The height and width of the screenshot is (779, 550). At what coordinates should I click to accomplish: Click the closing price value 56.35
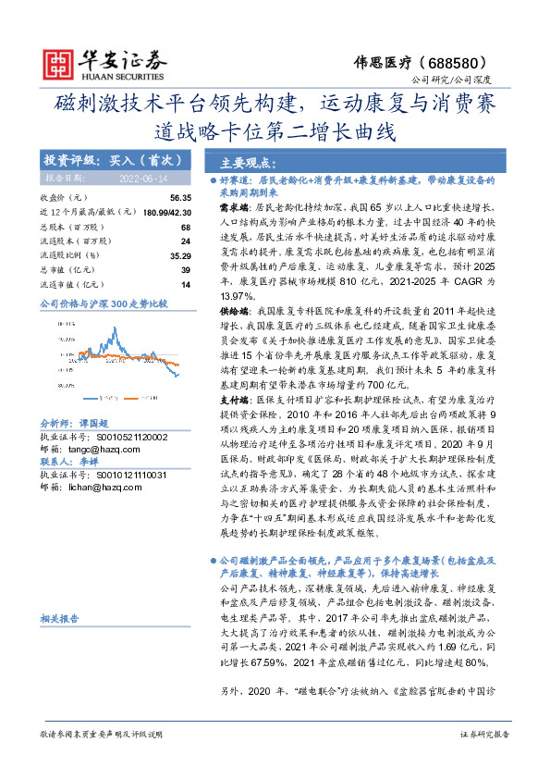pyautogui.click(x=180, y=198)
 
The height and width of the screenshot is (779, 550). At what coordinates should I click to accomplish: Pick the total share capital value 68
pyautogui.click(x=185, y=227)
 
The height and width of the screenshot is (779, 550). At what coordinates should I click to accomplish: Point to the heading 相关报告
pyautogui.click(x=62, y=617)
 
